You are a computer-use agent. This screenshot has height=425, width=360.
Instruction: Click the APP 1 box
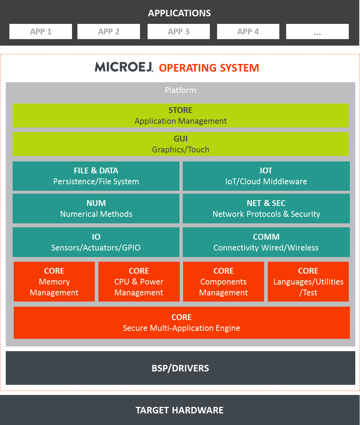point(41,31)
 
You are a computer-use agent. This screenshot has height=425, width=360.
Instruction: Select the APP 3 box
point(178,31)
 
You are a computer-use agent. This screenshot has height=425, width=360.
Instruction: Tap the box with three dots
point(317,31)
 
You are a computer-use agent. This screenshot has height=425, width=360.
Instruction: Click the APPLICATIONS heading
point(179,13)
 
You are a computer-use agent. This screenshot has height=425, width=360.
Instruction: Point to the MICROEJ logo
point(124,67)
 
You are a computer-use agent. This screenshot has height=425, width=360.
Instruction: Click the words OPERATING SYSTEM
point(209,68)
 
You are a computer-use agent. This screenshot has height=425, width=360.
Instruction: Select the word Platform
point(181,90)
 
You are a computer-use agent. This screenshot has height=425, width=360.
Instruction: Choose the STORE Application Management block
point(181,115)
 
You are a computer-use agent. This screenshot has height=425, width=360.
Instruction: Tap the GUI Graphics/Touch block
point(181,144)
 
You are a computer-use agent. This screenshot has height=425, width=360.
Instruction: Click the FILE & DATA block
point(96,176)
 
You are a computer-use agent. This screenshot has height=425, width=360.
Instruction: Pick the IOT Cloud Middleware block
point(266,176)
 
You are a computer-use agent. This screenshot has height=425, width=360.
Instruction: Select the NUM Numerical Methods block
point(96,209)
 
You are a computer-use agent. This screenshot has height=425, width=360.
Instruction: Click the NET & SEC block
point(266,209)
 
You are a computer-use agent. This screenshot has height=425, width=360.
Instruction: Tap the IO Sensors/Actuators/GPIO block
point(96,242)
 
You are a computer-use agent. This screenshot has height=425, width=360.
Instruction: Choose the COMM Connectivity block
point(266,242)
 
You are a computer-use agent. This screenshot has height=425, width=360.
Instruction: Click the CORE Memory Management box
point(54,282)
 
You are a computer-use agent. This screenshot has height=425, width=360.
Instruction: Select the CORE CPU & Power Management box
point(139,282)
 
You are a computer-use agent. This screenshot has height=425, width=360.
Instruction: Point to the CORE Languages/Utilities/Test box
point(308,282)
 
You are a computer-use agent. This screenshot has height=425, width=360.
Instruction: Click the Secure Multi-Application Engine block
point(182,323)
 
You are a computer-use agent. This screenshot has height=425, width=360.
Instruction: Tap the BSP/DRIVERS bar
point(181,368)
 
